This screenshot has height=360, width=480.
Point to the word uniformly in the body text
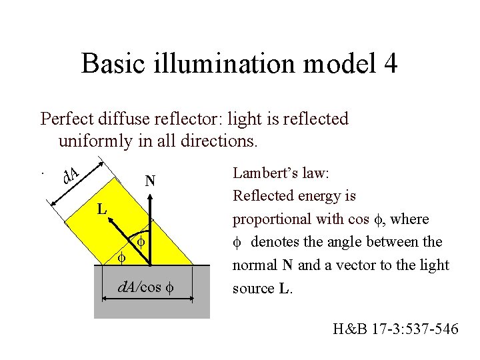(x=93, y=141)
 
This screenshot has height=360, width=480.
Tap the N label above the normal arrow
(x=150, y=181)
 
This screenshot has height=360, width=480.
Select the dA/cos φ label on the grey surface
(x=145, y=288)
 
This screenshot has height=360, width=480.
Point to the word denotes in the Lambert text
(x=274, y=242)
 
